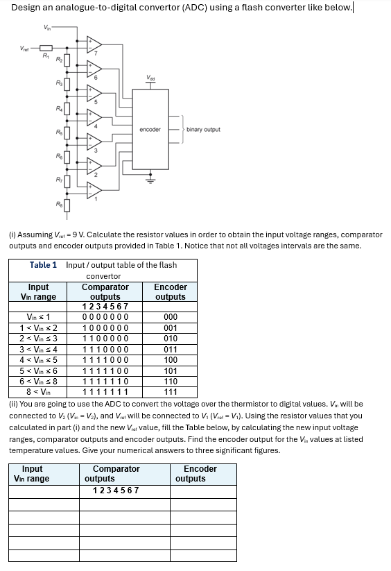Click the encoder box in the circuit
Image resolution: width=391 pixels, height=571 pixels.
150,129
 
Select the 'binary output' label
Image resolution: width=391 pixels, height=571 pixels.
204,129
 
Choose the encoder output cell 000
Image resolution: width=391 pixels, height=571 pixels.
170,317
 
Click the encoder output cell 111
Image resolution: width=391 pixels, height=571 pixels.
170,392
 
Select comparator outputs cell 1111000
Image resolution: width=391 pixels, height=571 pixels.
105,360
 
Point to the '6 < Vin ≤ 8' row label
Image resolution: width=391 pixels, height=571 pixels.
38,382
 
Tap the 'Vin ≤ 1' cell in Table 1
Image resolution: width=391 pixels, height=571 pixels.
38,317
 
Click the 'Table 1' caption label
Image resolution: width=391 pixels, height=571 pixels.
43,265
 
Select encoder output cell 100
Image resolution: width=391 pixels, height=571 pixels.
170,360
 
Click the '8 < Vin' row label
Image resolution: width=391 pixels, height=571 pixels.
38,392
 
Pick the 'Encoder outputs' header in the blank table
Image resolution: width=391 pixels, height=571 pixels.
200,474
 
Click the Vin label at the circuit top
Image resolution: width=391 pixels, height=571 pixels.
48,28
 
